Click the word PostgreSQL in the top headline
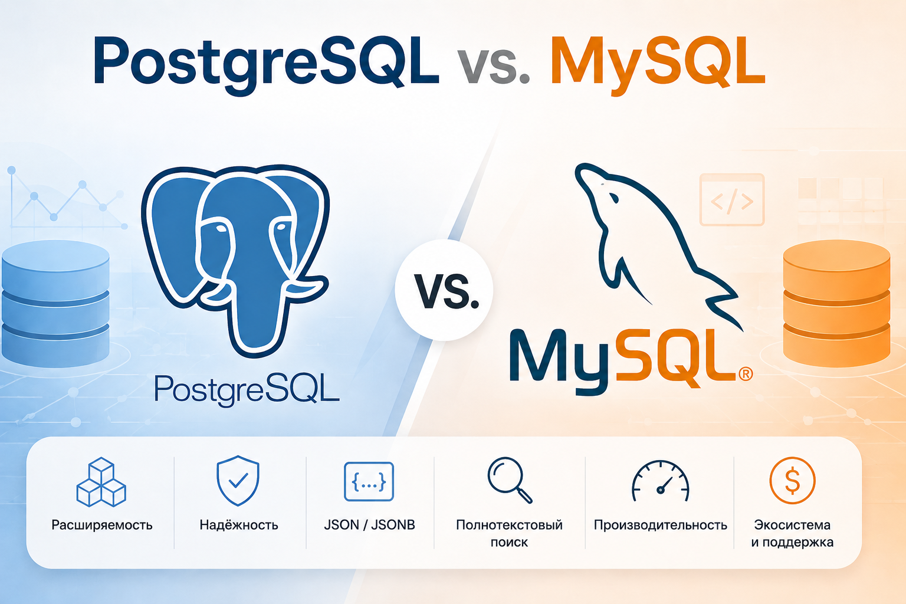point(266,63)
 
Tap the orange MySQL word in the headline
point(658,63)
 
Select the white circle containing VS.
point(444,290)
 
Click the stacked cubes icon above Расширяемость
point(101,482)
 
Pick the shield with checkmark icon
point(238,481)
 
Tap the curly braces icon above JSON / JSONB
point(369,481)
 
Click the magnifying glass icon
point(510,480)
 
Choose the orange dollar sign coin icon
point(792,480)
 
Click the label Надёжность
point(239,525)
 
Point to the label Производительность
point(661,525)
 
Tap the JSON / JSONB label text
point(369,525)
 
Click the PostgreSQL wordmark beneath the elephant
point(247,389)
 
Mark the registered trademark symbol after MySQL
point(746,373)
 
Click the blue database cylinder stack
point(55,303)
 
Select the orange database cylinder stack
point(837,303)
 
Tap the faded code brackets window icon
point(731,200)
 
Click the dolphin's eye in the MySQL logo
point(614,198)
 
